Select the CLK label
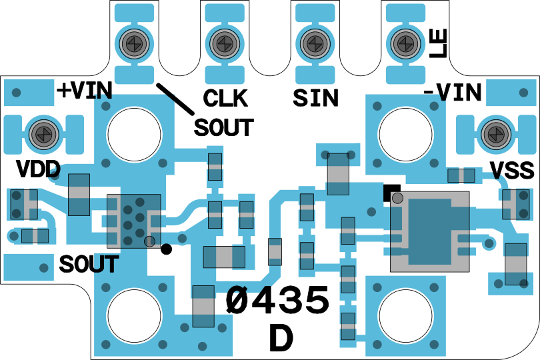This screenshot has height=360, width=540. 225,99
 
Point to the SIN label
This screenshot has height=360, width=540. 315,99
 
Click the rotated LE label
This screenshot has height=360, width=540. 438,44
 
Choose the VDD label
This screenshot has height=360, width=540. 38,169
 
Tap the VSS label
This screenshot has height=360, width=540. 512,170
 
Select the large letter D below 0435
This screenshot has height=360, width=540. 281,339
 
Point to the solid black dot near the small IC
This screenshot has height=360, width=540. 167,249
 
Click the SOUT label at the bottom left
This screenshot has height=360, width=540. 88,265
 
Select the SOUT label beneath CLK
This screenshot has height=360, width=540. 224,127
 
